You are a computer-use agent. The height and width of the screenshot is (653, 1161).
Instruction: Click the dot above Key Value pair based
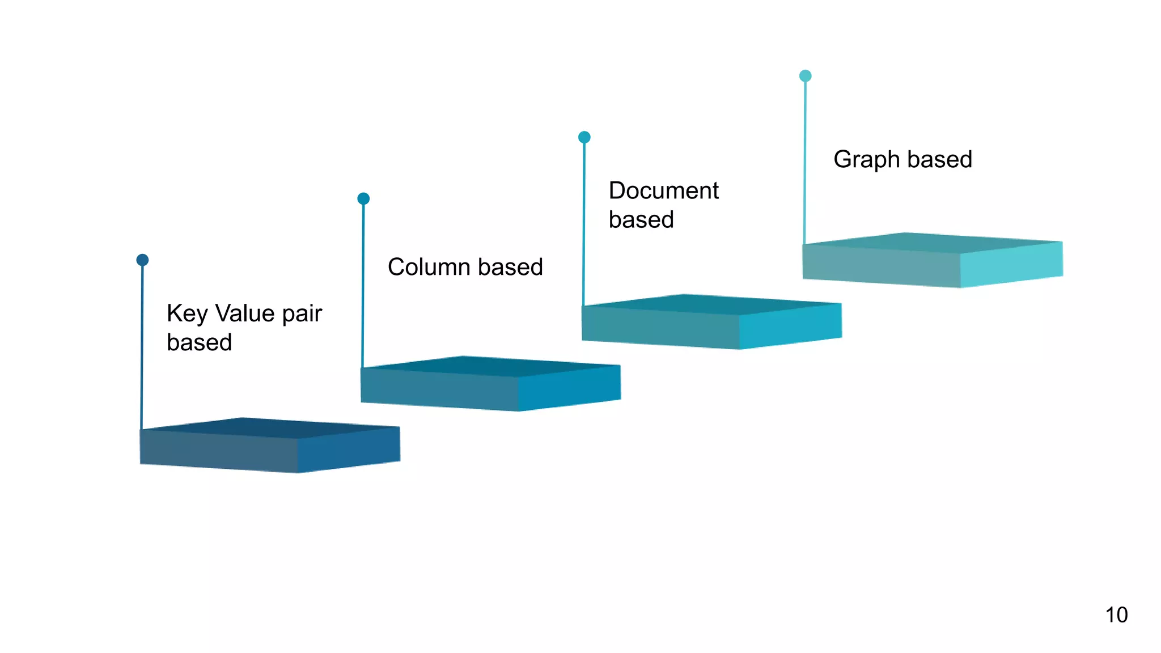click(142, 260)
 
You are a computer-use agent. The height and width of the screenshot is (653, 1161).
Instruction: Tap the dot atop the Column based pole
click(363, 198)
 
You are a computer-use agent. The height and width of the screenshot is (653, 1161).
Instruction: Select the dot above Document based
click(584, 137)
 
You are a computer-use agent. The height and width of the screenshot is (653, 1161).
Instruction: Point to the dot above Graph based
click(805, 76)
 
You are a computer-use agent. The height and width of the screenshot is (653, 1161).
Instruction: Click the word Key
click(187, 313)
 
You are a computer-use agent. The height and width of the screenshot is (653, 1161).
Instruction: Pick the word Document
click(663, 190)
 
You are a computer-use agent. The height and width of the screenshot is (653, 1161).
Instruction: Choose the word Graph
click(866, 160)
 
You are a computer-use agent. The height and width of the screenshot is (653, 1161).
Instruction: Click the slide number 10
click(1116, 615)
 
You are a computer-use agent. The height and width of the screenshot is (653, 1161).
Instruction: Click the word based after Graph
click(939, 159)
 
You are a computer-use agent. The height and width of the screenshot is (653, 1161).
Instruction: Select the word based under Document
click(641, 220)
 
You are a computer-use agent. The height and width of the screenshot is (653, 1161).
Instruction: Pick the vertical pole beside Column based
click(363, 283)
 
